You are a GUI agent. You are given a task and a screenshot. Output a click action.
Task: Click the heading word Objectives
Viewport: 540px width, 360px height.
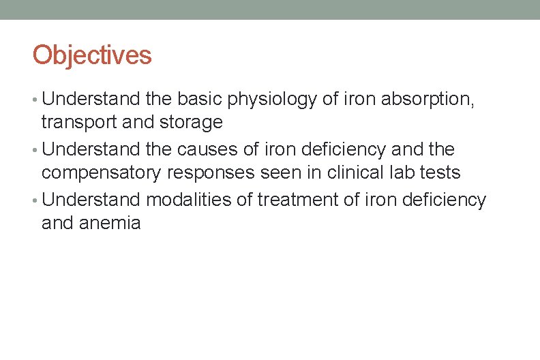(x=92, y=55)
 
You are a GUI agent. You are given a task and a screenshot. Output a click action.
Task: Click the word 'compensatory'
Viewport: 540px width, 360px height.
(x=102, y=173)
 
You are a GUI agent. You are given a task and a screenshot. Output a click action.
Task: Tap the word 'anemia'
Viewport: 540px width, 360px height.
(x=110, y=223)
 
